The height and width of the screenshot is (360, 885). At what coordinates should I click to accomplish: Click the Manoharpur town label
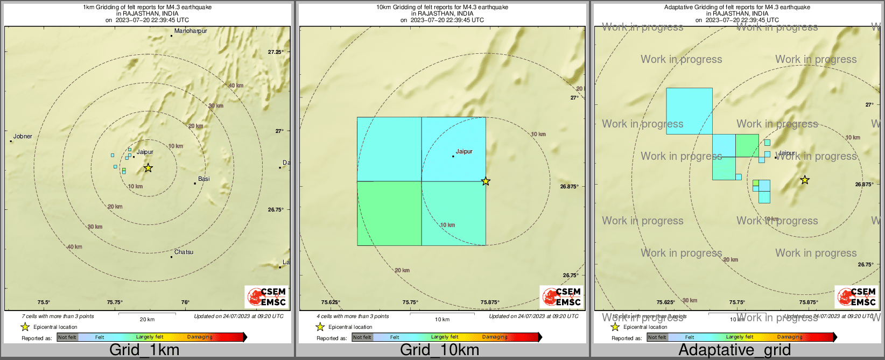coord(191,31)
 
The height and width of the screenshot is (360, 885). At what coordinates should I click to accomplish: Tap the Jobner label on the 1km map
coord(23,137)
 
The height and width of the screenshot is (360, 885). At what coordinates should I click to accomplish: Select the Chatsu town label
coord(184,252)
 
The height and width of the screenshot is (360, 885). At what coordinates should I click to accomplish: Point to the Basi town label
coord(203,179)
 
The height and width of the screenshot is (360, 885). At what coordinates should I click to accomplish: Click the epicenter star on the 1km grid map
coord(148,168)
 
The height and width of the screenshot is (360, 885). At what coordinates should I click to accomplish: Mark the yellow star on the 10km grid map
coord(486,181)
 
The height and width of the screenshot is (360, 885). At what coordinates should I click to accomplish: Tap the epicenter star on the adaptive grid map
coord(805,180)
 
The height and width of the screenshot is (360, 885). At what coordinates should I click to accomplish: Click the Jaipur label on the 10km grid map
coord(464,152)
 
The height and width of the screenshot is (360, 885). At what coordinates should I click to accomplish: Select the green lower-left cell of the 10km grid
coord(389,213)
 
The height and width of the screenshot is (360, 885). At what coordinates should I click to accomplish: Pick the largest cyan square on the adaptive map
coord(689,111)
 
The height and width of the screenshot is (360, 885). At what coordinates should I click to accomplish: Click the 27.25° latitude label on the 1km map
coord(276,52)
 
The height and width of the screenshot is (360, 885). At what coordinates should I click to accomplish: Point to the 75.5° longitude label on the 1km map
coord(44,302)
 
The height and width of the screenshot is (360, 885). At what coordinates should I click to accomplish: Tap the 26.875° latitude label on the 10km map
coord(570,187)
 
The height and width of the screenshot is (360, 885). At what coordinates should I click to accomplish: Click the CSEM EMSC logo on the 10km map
coord(561,297)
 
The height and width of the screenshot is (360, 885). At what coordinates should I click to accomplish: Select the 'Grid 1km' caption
coord(144,350)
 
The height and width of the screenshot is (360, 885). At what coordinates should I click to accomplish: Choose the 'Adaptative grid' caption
coord(734,350)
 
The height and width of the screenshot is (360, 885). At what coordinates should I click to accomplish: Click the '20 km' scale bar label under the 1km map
coord(147,320)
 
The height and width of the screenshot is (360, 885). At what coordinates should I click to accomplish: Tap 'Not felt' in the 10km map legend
coord(362,337)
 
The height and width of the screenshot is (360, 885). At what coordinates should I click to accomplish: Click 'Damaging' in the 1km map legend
coord(200,337)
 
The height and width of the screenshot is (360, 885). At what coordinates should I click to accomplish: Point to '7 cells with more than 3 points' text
coord(58,316)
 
